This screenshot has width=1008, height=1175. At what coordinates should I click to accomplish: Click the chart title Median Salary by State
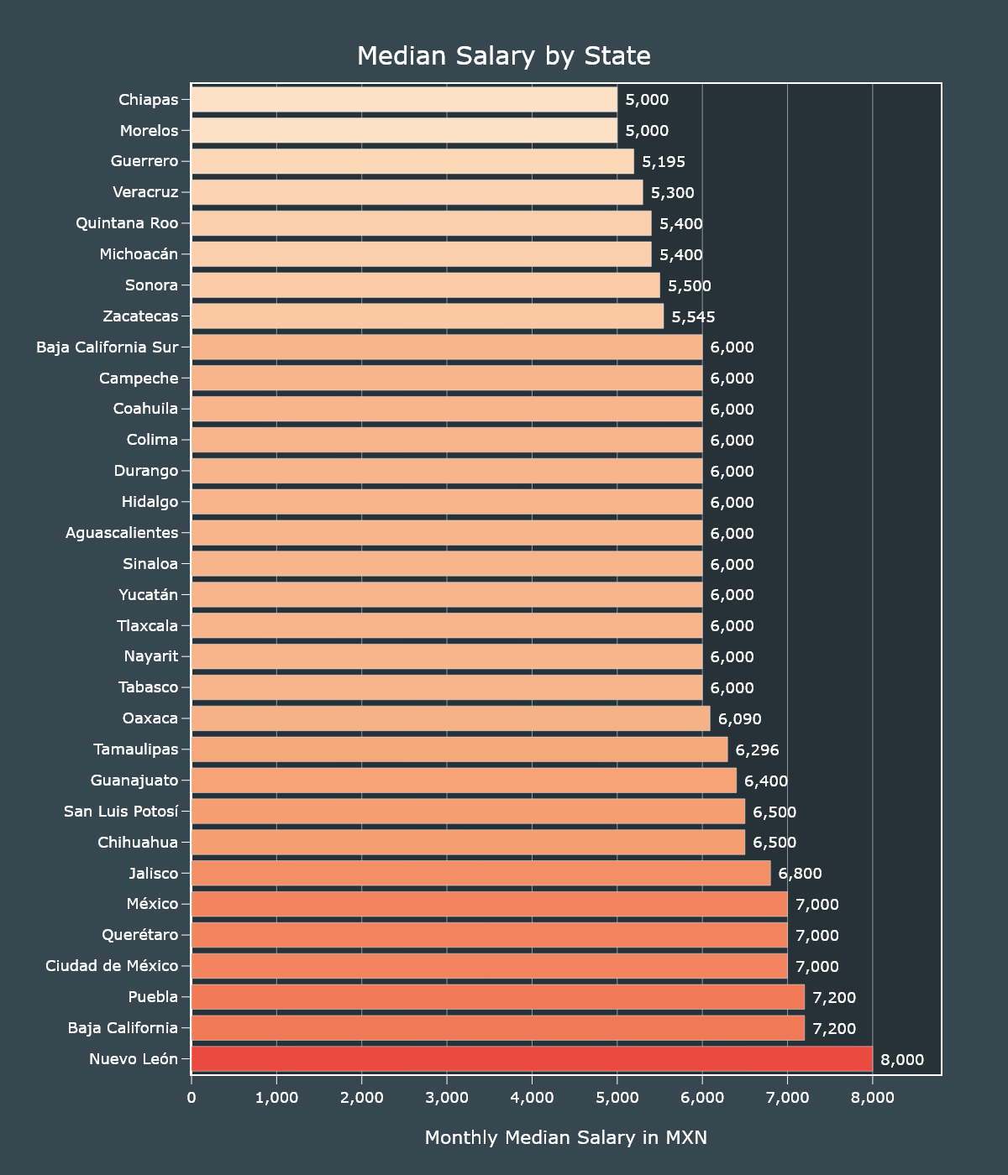(x=504, y=56)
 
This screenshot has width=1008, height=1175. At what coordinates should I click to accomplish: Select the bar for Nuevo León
(x=532, y=1059)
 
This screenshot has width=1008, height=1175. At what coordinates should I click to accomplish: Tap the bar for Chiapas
(x=404, y=100)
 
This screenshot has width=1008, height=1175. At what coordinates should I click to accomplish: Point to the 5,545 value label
(x=693, y=317)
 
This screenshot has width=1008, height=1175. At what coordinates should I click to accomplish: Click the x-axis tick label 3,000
(x=447, y=1097)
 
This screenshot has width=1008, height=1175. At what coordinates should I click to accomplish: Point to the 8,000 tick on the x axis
(x=872, y=1097)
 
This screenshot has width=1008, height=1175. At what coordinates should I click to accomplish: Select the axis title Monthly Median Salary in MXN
(x=565, y=1137)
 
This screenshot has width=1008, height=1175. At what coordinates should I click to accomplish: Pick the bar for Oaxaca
(x=450, y=718)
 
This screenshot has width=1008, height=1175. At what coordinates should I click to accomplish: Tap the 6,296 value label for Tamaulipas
(x=757, y=750)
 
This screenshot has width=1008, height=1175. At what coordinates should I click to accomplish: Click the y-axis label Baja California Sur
(x=108, y=347)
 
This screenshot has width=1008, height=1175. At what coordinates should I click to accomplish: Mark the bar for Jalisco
(x=480, y=873)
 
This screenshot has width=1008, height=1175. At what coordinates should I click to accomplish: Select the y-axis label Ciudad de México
(x=112, y=966)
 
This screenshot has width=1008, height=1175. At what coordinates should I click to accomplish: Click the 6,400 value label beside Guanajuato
(x=766, y=781)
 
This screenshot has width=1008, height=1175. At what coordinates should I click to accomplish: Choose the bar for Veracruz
(x=417, y=192)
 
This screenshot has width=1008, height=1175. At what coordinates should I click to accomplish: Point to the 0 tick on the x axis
(x=192, y=1097)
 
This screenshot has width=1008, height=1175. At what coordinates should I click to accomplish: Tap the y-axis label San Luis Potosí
(x=121, y=812)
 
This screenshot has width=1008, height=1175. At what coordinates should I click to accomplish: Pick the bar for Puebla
(x=497, y=997)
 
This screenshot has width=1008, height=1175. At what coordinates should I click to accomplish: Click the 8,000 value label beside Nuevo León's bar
(x=902, y=1060)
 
